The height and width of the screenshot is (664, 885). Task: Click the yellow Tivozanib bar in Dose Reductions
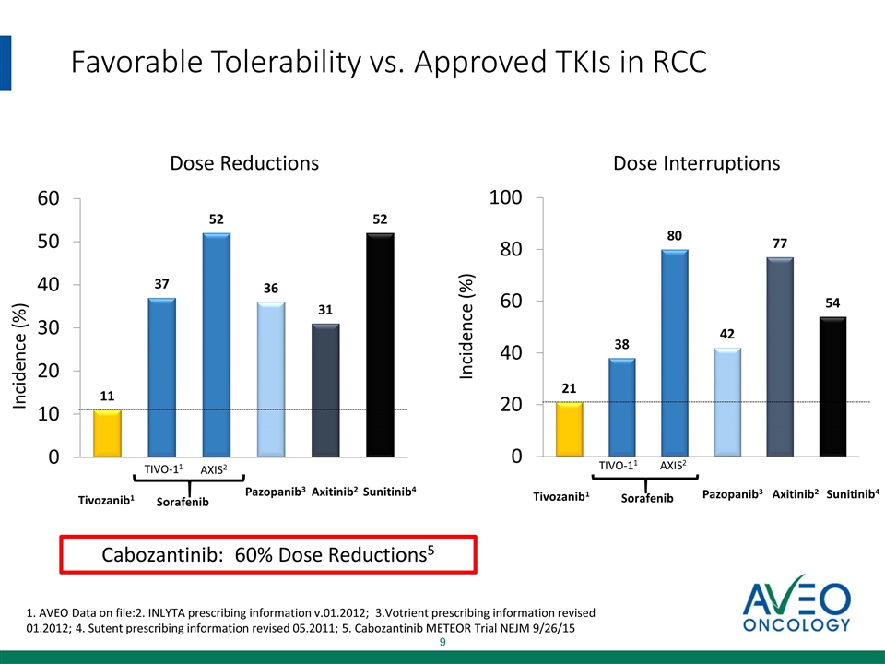point(107,433)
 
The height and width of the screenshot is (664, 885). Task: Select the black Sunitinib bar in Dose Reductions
point(380,345)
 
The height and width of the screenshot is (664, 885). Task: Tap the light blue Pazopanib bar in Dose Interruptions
point(727,402)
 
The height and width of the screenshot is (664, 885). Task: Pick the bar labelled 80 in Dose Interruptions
point(674,353)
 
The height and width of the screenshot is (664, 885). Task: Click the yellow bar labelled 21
point(569,429)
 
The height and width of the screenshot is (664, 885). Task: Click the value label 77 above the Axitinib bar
point(781,243)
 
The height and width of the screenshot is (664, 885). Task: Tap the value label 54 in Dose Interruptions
point(833,302)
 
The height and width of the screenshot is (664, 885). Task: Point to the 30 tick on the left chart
point(49,327)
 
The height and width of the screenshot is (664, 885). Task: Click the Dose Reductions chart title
point(244,163)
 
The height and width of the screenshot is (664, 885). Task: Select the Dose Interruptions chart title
point(697,163)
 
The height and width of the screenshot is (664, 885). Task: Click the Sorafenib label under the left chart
point(183,502)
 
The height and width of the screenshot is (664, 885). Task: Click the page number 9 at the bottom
point(442,642)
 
